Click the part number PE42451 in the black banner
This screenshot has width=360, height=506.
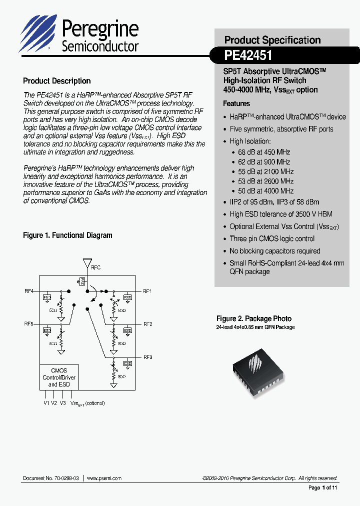pos(248,55)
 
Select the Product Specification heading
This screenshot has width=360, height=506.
pos(272,40)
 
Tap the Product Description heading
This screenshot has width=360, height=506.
pos(57,81)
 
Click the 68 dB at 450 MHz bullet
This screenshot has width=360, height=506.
pos(260,152)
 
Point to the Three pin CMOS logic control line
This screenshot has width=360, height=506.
pos(272,238)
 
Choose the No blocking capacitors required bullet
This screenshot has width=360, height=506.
pos(274,251)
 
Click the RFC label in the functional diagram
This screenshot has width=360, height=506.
pos(95,267)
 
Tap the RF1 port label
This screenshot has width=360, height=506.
pos(147,291)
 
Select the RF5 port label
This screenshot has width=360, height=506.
pos(28,324)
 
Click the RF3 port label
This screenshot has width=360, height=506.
pos(147,357)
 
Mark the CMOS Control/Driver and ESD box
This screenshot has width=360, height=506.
pos(59,377)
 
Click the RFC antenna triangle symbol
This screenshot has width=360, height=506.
pos(87,263)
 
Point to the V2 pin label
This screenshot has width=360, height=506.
pos(54,402)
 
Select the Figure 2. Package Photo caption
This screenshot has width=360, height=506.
pos(254,318)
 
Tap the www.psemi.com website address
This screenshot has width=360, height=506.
pos(104,478)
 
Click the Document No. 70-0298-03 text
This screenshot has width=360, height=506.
pos(51,478)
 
